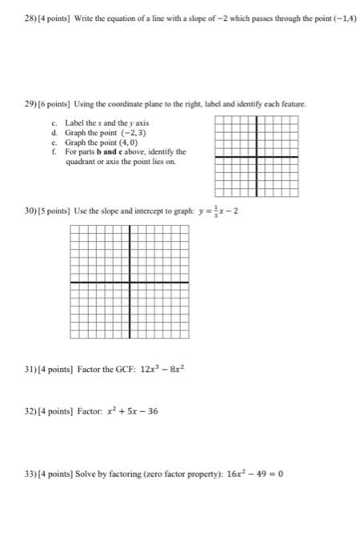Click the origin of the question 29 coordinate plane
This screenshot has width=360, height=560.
pyautogui.click(x=257, y=157)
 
